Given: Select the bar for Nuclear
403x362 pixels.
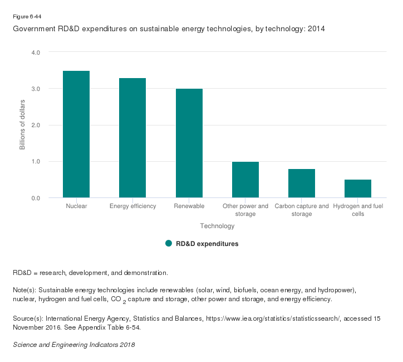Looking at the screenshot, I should [x=76, y=134].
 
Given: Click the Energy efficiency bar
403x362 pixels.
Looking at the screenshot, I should [x=132, y=138].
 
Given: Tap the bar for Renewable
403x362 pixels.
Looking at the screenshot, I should [x=189, y=143].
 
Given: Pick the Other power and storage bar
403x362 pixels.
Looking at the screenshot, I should [x=245, y=180].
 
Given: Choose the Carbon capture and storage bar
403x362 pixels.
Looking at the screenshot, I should [x=301, y=184].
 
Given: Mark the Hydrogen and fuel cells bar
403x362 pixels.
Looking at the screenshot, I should [x=357, y=189].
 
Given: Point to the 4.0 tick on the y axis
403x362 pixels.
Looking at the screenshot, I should [x=36, y=52].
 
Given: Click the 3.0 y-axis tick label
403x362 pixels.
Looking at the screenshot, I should [x=36, y=89].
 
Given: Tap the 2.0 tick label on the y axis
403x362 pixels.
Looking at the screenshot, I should [x=36, y=125].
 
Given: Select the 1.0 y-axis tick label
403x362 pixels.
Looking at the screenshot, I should [x=36, y=162].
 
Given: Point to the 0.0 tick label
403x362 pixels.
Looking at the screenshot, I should [x=36, y=198].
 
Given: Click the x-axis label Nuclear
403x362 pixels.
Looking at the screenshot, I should [x=76, y=206].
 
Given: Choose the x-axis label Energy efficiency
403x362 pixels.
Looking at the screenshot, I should [x=132, y=206].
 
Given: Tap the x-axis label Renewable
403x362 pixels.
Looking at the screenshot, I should [x=189, y=206].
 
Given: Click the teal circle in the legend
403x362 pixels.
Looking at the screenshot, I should [x=169, y=243].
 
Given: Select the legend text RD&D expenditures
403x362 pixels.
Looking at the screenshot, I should [x=207, y=244].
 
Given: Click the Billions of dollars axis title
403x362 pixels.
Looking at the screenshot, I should [x=23, y=125].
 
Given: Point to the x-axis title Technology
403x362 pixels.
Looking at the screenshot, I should [x=217, y=226].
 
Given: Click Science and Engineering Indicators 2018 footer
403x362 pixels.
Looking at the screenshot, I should [x=73, y=344].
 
